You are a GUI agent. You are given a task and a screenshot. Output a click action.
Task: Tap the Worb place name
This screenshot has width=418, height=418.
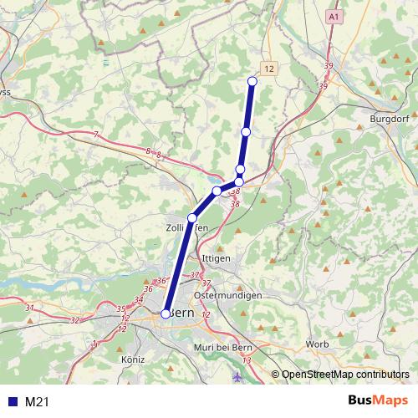318,344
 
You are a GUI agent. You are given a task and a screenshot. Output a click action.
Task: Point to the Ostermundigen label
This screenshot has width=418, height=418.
227,296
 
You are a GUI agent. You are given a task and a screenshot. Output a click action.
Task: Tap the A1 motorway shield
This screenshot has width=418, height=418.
335,17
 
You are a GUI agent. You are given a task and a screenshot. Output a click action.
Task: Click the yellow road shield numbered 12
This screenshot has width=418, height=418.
268,67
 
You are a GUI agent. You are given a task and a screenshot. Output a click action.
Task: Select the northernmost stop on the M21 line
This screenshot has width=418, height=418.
252,81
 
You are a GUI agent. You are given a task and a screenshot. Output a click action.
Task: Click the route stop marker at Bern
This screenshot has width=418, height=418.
166,313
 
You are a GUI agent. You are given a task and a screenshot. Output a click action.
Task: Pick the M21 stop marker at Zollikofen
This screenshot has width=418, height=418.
192,218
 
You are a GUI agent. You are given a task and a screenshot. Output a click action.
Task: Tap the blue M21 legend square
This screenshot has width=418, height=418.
12,402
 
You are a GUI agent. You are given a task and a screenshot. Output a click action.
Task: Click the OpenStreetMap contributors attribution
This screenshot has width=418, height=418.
344,375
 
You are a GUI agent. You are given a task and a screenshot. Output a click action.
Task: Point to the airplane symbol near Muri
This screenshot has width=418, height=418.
239,375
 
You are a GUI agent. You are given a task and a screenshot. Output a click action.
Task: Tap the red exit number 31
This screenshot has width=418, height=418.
30,308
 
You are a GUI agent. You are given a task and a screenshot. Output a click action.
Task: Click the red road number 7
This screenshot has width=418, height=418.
96,135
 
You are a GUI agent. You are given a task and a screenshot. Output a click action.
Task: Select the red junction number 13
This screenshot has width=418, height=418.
246,360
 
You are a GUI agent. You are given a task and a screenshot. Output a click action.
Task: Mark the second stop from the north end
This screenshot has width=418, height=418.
246,132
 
